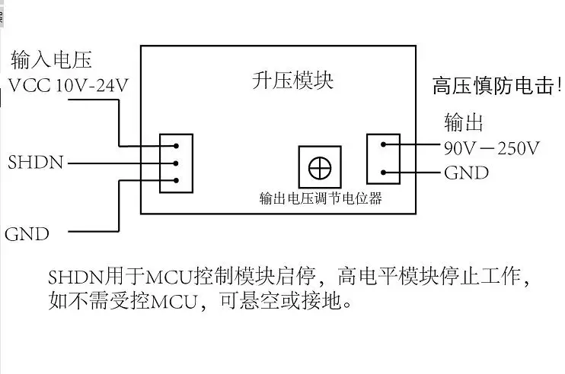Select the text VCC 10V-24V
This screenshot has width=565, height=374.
pyautogui.click(x=68, y=85)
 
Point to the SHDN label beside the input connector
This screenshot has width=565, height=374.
pyautogui.click(x=36, y=163)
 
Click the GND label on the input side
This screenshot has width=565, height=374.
pyautogui.click(x=27, y=233)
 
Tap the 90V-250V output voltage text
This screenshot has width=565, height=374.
pyautogui.click(x=491, y=147)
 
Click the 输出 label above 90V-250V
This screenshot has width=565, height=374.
pyautogui.click(x=464, y=122)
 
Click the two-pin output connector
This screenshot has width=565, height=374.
pyautogui.click(x=383, y=158)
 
